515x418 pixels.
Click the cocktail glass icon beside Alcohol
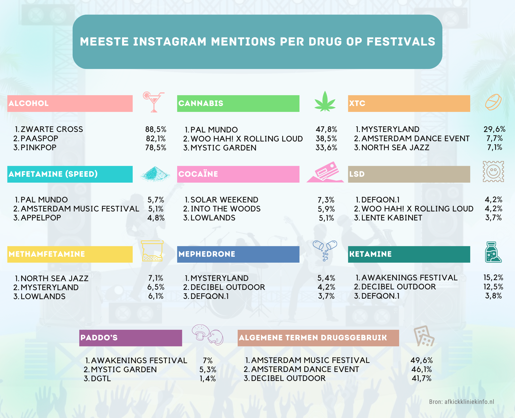pyautogui.click(x=153, y=102)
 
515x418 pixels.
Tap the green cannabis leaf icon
pyautogui.click(x=325, y=102)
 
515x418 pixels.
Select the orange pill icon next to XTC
pyautogui.click(x=493, y=102)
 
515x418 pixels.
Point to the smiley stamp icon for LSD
pyautogui.click(x=493, y=172)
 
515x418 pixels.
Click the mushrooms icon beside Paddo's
pyautogui.click(x=207, y=334)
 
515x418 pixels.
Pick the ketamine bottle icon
pyautogui.click(x=492, y=252)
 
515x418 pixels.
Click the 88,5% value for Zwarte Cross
pyautogui.click(x=156, y=129)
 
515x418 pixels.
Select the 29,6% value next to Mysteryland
pyautogui.click(x=494, y=129)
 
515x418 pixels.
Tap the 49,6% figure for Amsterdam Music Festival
pyautogui.click(x=422, y=360)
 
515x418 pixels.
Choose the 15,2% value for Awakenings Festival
pyautogui.click(x=493, y=278)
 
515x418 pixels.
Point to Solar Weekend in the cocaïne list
pyautogui.click(x=224, y=200)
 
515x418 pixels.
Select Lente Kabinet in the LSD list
pyautogui.click(x=391, y=218)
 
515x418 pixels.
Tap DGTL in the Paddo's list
pyautogui.click(x=101, y=378)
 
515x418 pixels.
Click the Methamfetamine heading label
pyautogui.click(x=47, y=254)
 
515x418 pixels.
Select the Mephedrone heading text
pyautogui.click(x=207, y=254)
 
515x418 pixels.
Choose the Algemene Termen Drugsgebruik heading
pyautogui.click(x=313, y=337)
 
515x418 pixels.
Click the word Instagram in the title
pyautogui.click(x=170, y=42)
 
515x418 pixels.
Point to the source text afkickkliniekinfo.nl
pyautogui.click(x=469, y=402)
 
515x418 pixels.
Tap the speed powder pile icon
pyautogui.click(x=155, y=174)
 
